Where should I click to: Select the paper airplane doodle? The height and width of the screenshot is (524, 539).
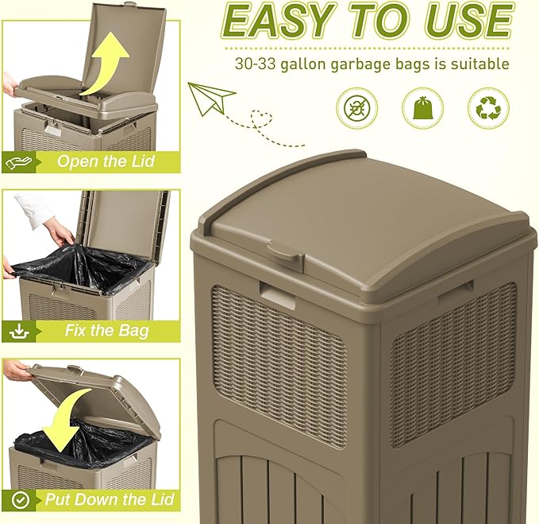tap(212, 99)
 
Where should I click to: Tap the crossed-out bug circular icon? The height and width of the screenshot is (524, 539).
tap(356, 108)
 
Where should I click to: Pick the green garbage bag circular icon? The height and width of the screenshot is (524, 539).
tap(422, 108)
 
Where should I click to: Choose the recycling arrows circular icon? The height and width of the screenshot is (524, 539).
tap(488, 108)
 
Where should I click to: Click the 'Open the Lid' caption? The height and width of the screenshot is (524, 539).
tap(105, 162)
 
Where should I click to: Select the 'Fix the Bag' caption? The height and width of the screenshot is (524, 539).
tap(106, 330)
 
